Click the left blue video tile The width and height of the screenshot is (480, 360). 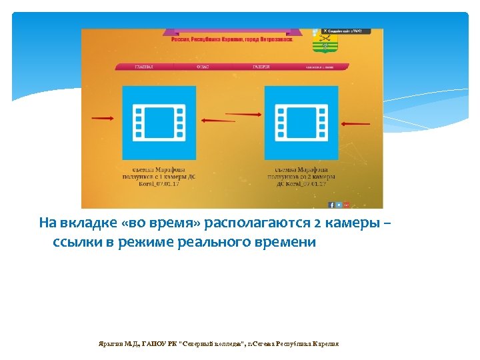(x=159, y=121)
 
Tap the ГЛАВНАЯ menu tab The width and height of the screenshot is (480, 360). (x=144, y=67)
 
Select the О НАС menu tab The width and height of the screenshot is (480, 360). (x=202, y=67)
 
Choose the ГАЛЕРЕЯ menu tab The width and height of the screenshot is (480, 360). (x=261, y=67)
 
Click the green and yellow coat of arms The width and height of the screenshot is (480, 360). (x=325, y=42)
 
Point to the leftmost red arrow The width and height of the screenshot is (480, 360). (x=102, y=119)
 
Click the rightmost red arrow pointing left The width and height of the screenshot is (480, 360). (x=358, y=123)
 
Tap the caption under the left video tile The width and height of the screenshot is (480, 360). (x=159, y=176)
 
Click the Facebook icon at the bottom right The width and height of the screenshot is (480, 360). (x=331, y=205)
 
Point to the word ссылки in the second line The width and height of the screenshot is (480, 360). (x=77, y=242)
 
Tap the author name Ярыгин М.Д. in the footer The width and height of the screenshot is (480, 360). (x=117, y=343)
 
